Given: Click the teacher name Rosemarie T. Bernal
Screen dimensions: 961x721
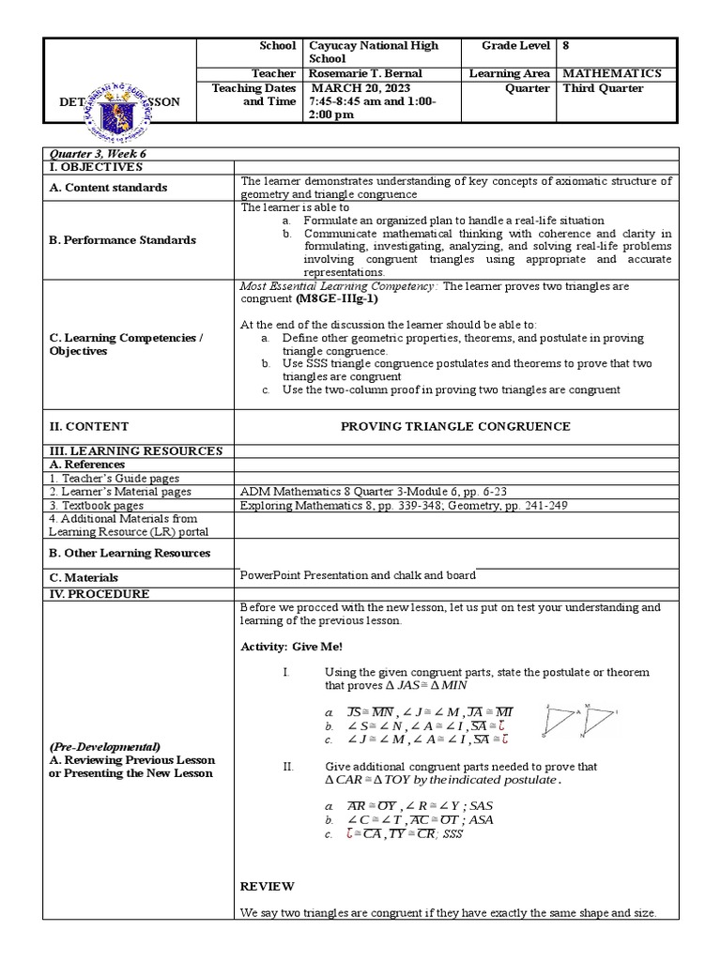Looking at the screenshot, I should (x=365, y=73).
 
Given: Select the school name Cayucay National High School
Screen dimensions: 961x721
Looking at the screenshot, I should (x=373, y=52).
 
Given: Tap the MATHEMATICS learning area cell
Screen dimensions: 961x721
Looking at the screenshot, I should (x=611, y=73).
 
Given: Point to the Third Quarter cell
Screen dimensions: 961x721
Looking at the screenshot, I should (x=603, y=88).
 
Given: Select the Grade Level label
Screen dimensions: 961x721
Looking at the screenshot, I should (x=517, y=45).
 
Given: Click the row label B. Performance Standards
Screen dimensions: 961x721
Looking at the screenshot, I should (x=122, y=240).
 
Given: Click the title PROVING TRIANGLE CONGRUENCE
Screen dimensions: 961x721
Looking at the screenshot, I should (x=454, y=426).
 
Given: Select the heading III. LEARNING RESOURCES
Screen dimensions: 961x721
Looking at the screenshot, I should (x=136, y=451).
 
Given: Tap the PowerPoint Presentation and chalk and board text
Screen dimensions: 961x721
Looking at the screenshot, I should (x=358, y=575).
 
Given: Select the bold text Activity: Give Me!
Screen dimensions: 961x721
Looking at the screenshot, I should (x=291, y=647).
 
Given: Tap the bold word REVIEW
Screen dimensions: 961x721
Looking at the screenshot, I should (x=267, y=886).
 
